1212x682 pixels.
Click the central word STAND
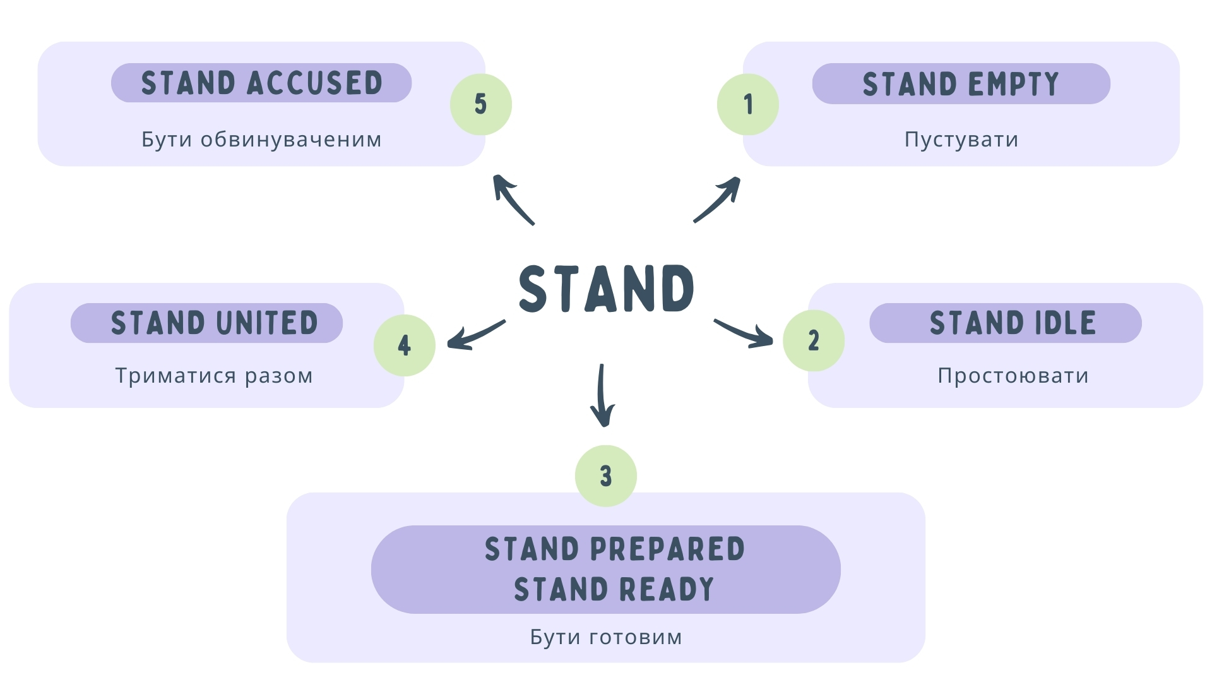click(606, 289)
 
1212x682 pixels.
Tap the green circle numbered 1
click(748, 104)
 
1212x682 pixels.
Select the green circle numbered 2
click(814, 340)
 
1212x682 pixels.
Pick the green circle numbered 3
click(606, 476)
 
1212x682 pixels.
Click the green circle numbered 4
click(405, 345)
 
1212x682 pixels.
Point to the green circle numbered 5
click(481, 104)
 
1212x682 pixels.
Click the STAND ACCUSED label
click(261, 83)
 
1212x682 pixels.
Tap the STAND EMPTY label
click(961, 83)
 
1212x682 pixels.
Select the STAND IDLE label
click(1013, 323)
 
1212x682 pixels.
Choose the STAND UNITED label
click(214, 323)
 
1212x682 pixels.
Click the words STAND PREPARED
click(614, 549)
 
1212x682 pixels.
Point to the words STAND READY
click(614, 589)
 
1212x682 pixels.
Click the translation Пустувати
click(961, 139)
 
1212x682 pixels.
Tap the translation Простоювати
click(1013, 376)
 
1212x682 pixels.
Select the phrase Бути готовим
click(606, 637)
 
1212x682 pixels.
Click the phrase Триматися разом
click(214, 376)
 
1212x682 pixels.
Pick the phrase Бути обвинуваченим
click(261, 139)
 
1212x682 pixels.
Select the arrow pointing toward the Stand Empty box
click(718, 200)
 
